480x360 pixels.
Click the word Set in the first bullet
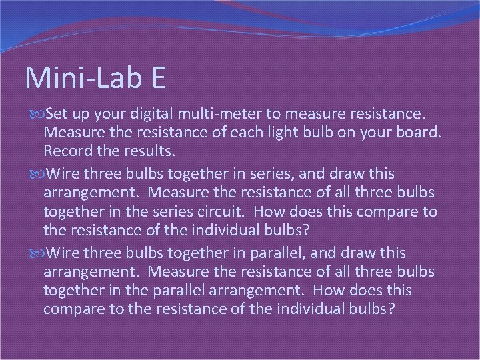coord(57,115)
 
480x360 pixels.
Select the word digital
coord(157,115)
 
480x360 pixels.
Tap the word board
coord(416,133)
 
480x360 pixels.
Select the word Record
coord(68,151)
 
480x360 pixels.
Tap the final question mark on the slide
coord(391,309)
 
